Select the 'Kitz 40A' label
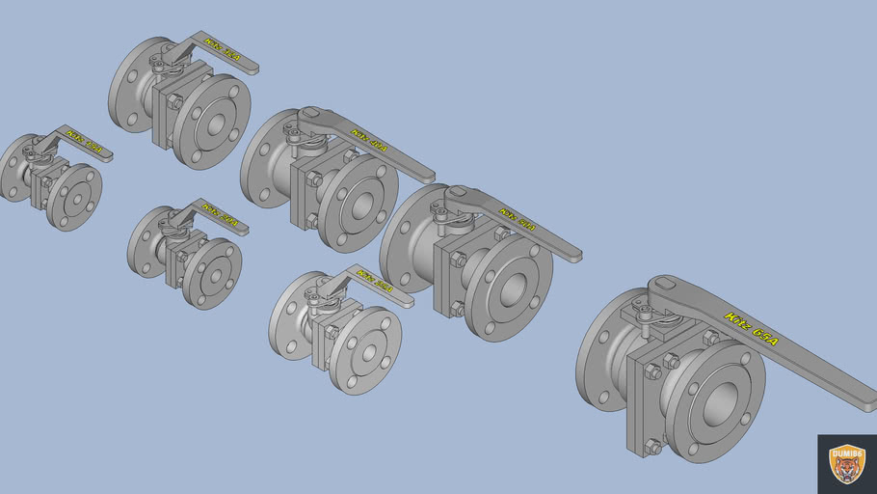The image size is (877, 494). (x=370, y=141)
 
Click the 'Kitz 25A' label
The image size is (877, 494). (x=374, y=281)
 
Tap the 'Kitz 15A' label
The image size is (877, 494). (x=85, y=141)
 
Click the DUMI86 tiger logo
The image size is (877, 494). (x=847, y=464)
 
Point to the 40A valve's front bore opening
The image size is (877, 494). (x=359, y=204)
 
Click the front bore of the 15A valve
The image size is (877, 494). (x=74, y=196)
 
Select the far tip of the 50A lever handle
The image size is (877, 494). (x=573, y=256)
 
